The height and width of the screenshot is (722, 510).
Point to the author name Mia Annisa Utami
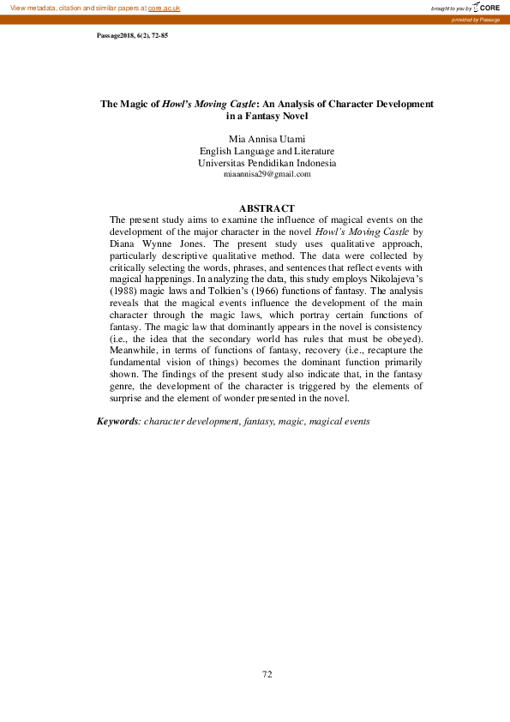coord(267,138)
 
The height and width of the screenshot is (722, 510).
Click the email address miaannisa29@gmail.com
coord(267,173)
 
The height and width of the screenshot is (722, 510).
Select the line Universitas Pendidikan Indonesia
coord(267,162)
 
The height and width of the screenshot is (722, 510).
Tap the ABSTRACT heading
coord(267,208)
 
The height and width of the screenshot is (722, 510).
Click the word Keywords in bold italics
coord(117,422)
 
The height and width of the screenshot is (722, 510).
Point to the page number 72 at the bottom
coord(267,674)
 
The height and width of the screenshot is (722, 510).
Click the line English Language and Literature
coord(267,150)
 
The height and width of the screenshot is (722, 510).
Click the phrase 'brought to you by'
coord(452,9)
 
